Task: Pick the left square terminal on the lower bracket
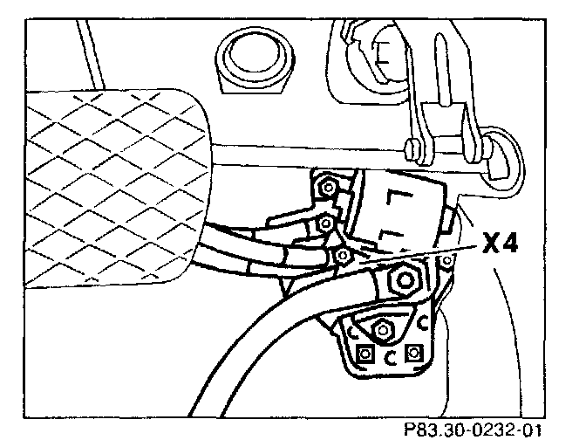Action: point(366,353)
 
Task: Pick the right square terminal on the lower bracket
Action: point(415,353)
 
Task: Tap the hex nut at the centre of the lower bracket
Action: point(380,330)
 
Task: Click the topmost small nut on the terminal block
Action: point(327,186)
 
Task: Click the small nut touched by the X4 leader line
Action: point(343,256)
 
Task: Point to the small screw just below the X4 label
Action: point(447,260)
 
